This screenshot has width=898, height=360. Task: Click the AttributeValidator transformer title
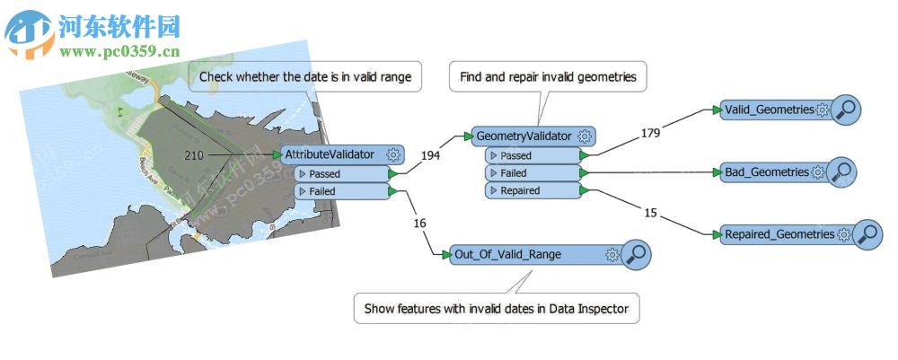coord(330,154)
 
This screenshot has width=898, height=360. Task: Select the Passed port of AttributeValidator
coord(324,173)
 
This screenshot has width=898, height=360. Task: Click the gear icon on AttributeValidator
coord(394,154)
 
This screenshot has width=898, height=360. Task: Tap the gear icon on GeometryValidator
coord(585,136)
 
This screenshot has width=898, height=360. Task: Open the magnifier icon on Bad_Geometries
coord(841,171)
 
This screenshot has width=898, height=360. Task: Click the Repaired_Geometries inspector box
coord(779,234)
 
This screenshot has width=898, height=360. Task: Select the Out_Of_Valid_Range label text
coord(507,254)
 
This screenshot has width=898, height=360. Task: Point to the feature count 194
coord(430,155)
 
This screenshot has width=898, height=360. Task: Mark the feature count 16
coord(419,223)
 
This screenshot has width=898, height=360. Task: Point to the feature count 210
coord(193,155)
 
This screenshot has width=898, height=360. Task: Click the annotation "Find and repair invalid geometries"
coord(548,77)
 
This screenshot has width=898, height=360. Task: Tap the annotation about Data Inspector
coord(497,310)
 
